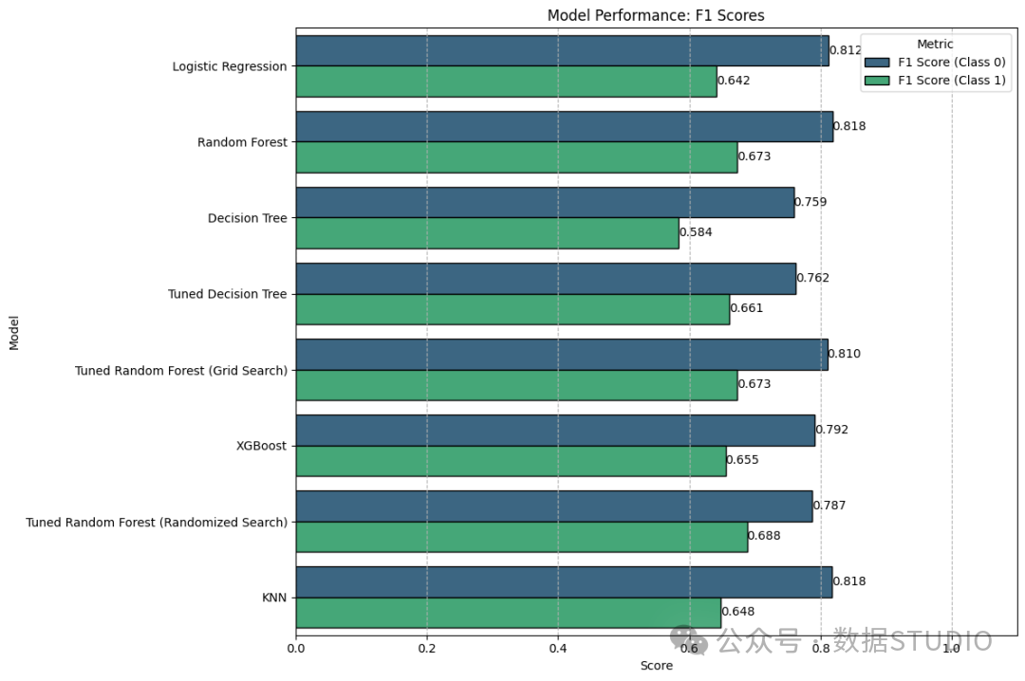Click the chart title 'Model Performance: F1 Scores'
[x=656, y=15]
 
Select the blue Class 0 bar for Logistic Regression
[x=562, y=51]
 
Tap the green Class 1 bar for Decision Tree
[x=487, y=232]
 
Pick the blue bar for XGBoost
[x=555, y=431]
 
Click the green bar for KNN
[x=509, y=613]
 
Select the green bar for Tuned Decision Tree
[x=512, y=309]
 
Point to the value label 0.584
[x=696, y=232]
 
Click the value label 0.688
[x=764, y=535]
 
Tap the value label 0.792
[x=831, y=430]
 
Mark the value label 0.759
[x=811, y=202]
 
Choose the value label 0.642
[x=734, y=81]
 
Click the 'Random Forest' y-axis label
[x=242, y=142]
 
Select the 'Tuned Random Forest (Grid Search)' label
[x=181, y=371]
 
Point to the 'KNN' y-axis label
[x=274, y=598]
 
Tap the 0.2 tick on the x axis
[x=427, y=648]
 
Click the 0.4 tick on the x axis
[x=558, y=648]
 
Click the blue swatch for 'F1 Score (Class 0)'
[x=877, y=62]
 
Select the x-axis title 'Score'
[x=657, y=665]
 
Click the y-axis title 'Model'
[x=13, y=333]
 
